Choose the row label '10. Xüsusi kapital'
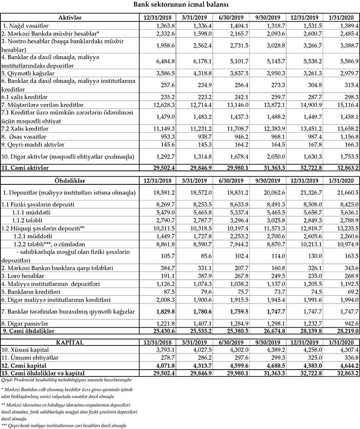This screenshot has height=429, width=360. coord(27,350)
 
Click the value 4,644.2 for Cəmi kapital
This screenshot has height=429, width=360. coord(346,366)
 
